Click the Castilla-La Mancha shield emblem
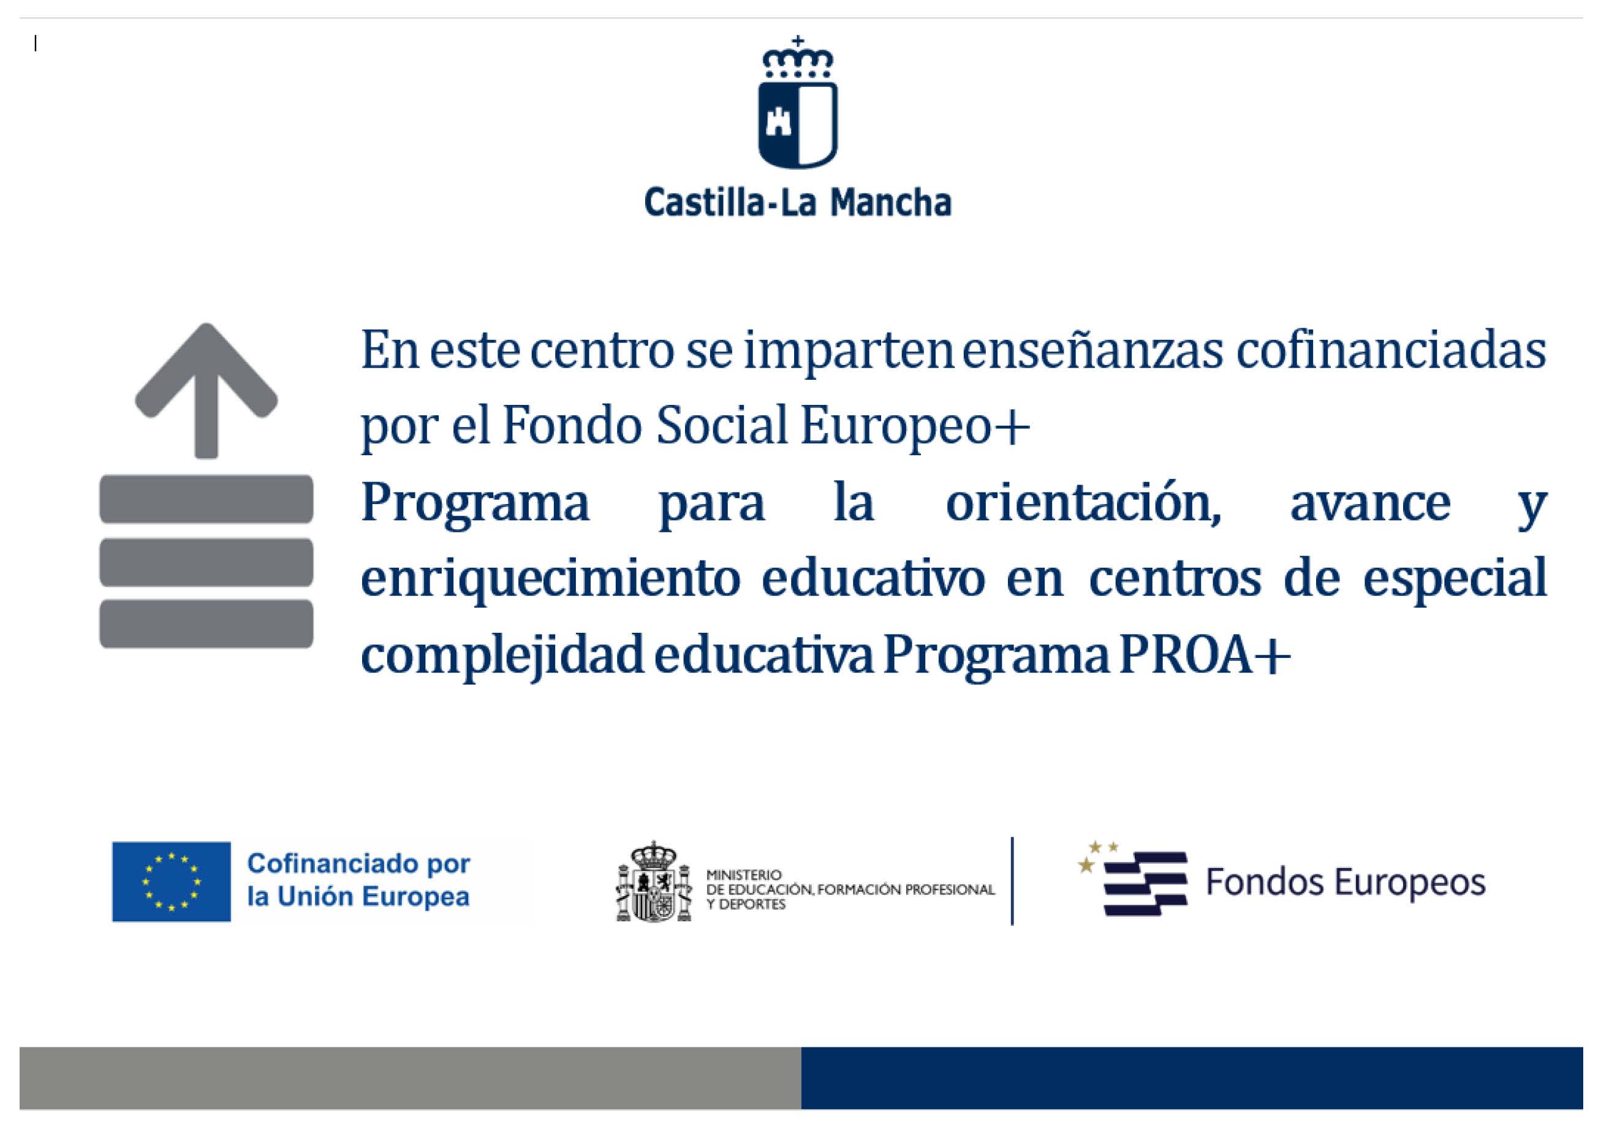(x=798, y=124)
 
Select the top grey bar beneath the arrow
(x=206, y=499)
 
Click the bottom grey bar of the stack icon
(x=206, y=624)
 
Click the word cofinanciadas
(x=1390, y=350)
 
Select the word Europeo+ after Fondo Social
(x=914, y=425)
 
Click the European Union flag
(x=172, y=881)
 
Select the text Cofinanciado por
(x=359, y=864)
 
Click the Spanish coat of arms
(x=654, y=881)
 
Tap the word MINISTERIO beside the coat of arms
(x=744, y=875)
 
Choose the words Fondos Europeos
(x=1346, y=881)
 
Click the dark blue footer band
(x=1191, y=1077)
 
